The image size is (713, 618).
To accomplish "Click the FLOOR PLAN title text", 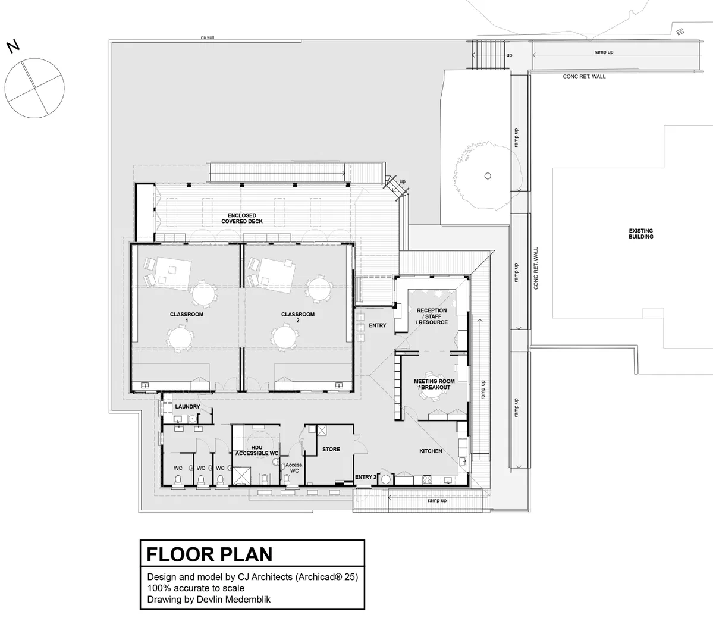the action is tap(209, 554).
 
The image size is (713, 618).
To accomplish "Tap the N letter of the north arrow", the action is tap(13, 46).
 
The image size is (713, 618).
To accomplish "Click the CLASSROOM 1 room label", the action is tap(187, 318).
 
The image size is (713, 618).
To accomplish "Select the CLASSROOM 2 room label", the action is tap(298, 318).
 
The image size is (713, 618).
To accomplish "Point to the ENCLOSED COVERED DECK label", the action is tap(242, 218).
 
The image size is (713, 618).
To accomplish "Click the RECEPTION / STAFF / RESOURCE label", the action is tap(432, 316).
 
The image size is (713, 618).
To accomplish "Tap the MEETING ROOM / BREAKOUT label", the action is tap(434, 384).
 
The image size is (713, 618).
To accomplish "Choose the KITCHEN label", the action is tap(431, 451).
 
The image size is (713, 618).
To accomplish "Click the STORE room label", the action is tap(331, 449).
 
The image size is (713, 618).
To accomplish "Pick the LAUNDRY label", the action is tap(187, 406).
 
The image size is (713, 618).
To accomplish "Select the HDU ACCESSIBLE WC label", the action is tap(256, 451).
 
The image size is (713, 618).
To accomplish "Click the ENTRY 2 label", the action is tap(366, 477).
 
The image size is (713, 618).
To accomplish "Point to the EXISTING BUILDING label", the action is tap(640, 234).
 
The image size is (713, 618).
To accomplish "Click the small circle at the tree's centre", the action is tap(488, 176).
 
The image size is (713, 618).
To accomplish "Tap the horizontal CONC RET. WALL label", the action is tap(585, 76).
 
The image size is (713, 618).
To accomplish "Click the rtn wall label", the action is tap(208, 37).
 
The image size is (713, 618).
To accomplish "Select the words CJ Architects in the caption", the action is tap(265, 577).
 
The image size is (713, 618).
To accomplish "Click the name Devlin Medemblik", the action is tap(233, 600).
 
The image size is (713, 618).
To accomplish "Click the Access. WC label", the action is tap(294, 468).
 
